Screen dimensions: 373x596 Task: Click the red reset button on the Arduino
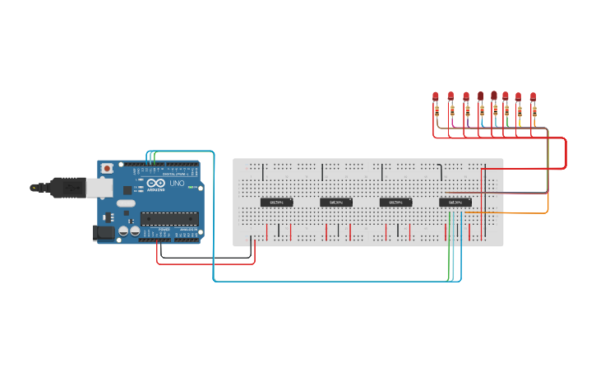[106, 168]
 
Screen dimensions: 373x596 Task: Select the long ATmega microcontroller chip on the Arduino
[169, 219]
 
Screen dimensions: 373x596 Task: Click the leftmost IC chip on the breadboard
[276, 202]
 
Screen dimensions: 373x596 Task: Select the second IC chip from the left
[335, 202]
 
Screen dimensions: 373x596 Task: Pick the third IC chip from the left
[395, 202]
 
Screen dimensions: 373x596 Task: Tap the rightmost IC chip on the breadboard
[455, 202]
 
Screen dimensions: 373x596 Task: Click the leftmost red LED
[436, 96]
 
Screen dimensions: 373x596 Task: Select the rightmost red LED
[533, 96]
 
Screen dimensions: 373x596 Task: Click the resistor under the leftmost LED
[437, 110]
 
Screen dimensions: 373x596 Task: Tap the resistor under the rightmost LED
[534, 110]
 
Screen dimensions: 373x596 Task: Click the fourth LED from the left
[480, 96]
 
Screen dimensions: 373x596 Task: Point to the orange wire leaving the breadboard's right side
[526, 213]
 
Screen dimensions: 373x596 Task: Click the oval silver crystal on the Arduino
[125, 203]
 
